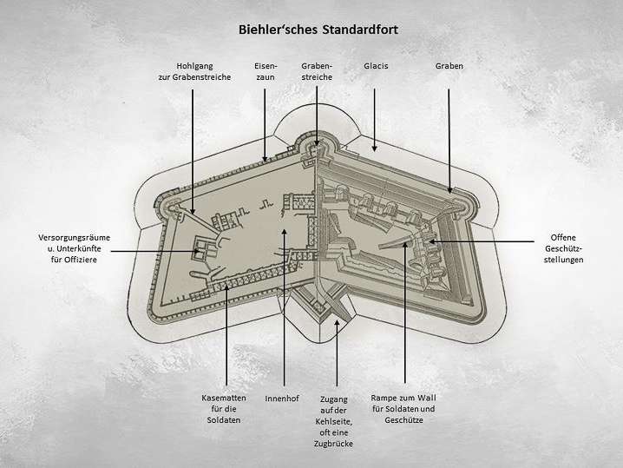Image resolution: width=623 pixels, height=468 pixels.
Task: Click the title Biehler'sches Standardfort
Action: [x=318, y=29]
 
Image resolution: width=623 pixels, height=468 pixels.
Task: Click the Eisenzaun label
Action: [x=266, y=70]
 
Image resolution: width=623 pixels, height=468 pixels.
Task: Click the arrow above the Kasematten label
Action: [x=226, y=334]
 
